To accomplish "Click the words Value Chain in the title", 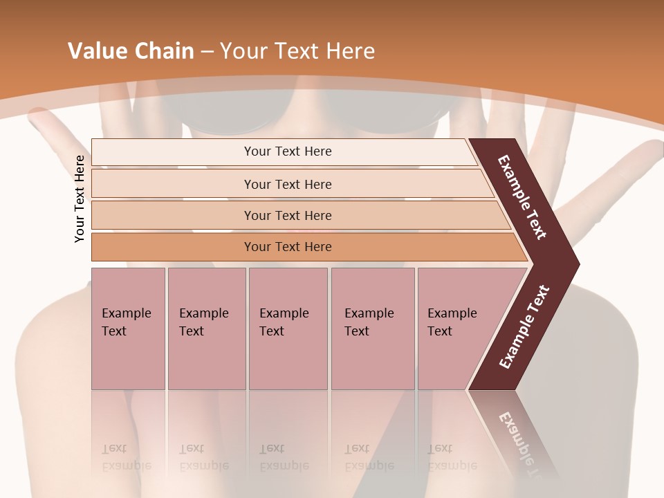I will pyautogui.click(x=131, y=51).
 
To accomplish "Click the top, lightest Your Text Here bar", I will pyautogui.click(x=288, y=151).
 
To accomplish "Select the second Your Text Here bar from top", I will pyautogui.click(x=288, y=184).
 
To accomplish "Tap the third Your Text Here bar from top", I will pyautogui.click(x=288, y=215).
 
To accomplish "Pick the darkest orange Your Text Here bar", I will pyautogui.click(x=288, y=247).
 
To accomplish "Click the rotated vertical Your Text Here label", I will pyautogui.click(x=80, y=199).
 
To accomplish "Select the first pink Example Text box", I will pyautogui.click(x=128, y=329).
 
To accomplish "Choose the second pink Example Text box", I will pyautogui.click(x=206, y=329).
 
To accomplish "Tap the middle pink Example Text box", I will pyautogui.click(x=288, y=329).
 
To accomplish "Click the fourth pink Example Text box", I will pyautogui.click(x=372, y=329).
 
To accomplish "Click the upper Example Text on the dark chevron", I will pyautogui.click(x=522, y=197).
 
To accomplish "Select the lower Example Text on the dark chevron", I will pyautogui.click(x=524, y=327).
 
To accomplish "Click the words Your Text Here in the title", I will pyautogui.click(x=297, y=51).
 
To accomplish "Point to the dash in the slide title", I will pyautogui.click(x=207, y=51).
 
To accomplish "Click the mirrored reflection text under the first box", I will pyautogui.click(x=126, y=457).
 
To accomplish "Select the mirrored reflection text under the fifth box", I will pyautogui.click(x=452, y=457).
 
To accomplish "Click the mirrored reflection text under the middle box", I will pyautogui.click(x=284, y=457).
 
